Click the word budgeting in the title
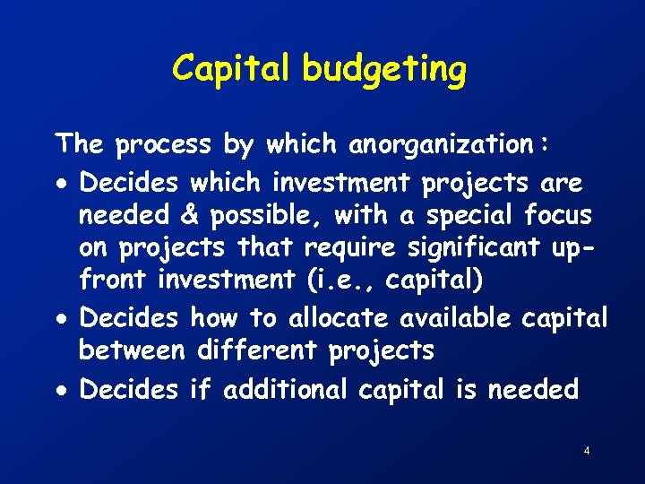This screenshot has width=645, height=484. (x=384, y=70)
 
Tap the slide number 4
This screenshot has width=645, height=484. (x=586, y=450)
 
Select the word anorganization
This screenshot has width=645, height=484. (x=441, y=143)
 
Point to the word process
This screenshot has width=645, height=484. (x=163, y=144)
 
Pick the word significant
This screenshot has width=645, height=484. (x=473, y=248)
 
